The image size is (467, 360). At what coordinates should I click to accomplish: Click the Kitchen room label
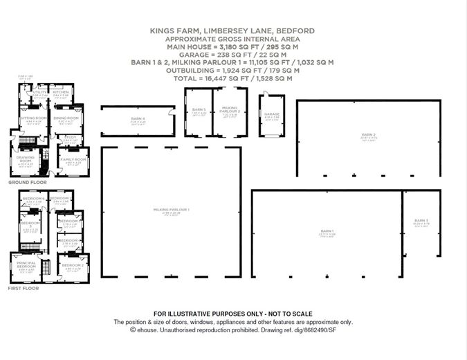click(x=61, y=91)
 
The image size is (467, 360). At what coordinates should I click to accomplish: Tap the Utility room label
click(x=39, y=91)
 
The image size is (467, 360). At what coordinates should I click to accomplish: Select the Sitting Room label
click(x=33, y=118)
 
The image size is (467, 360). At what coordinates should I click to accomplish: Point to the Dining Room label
click(x=67, y=118)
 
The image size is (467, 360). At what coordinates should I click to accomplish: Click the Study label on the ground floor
click(x=71, y=137)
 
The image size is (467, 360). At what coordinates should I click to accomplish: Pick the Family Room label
click(x=73, y=160)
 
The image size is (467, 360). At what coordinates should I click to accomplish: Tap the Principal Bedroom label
click(x=24, y=265)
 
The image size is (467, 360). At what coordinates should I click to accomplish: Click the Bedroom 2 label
click(x=73, y=265)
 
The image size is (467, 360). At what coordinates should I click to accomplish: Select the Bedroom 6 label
click(x=33, y=199)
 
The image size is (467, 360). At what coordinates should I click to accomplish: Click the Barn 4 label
click(x=138, y=119)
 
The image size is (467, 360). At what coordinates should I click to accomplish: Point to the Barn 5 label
click(x=199, y=109)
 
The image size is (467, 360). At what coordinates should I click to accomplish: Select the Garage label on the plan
click(x=271, y=114)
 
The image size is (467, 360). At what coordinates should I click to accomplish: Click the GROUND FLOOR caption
click(x=23, y=182)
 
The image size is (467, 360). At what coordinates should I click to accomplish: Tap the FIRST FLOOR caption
click(x=22, y=288)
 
